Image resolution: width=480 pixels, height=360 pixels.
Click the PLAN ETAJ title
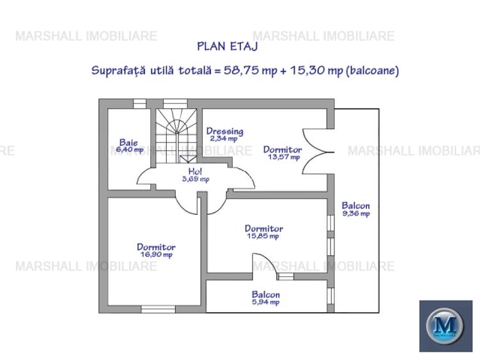(227, 45)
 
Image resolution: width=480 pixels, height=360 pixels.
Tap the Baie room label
(128, 142)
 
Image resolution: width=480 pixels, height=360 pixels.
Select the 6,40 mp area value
(130, 149)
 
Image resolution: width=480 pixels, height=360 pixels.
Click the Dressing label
(224, 131)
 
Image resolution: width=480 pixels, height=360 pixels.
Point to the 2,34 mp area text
(224, 138)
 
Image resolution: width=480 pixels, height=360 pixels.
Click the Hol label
(195, 171)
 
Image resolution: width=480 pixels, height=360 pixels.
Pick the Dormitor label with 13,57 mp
(283, 150)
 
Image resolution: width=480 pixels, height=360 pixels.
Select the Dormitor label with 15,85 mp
(263, 228)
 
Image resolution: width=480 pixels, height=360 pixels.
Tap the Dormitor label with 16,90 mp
(156, 247)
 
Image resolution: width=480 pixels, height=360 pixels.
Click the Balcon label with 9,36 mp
(355, 206)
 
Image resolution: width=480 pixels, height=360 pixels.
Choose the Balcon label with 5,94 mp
(265, 295)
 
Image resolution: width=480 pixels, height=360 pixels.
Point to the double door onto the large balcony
(317, 151)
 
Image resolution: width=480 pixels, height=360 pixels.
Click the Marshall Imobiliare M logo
(445, 325)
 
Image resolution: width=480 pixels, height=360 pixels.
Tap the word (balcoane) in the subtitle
(372, 70)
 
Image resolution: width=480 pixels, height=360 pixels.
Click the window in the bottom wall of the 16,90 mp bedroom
(158, 309)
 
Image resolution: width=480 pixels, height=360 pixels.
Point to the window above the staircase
(175, 103)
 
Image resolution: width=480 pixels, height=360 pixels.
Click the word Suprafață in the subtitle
(116, 70)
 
